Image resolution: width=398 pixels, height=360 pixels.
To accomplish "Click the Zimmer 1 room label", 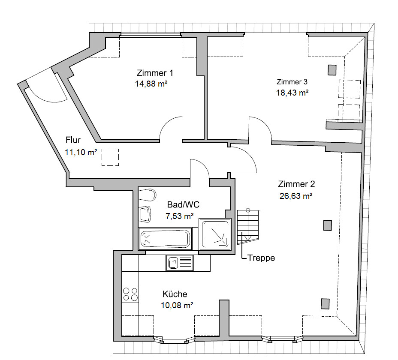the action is click(x=155, y=73).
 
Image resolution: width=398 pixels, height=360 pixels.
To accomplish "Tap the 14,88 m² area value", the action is click(x=151, y=84).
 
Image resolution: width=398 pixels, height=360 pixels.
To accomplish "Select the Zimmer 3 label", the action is click(x=292, y=82).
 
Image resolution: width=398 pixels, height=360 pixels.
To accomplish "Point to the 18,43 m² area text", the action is click(x=292, y=93).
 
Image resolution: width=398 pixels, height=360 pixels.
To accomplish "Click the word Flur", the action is click(x=73, y=140).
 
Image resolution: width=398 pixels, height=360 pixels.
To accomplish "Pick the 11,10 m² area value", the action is click(x=81, y=152).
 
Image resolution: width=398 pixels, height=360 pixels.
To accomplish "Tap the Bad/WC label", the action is click(x=183, y=204).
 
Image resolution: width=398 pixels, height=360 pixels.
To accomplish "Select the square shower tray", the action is click(x=215, y=234).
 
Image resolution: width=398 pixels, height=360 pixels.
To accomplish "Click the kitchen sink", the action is click(x=179, y=263).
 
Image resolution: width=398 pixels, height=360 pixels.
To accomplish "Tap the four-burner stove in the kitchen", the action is click(x=130, y=294).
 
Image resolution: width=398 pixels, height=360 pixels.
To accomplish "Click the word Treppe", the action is click(x=261, y=258).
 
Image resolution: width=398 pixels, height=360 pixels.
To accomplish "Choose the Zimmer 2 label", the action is click(x=296, y=184).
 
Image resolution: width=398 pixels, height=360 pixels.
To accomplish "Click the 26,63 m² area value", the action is click(x=296, y=196).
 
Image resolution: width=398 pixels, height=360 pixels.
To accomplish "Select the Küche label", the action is click(x=175, y=294).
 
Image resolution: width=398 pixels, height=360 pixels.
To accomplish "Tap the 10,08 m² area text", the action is click(x=177, y=305).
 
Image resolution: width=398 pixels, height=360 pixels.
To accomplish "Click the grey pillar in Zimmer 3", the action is click(x=332, y=70).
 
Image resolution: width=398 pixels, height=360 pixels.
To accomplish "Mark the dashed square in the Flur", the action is click(x=110, y=157).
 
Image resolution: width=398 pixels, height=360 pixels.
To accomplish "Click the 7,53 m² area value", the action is click(x=180, y=216).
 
